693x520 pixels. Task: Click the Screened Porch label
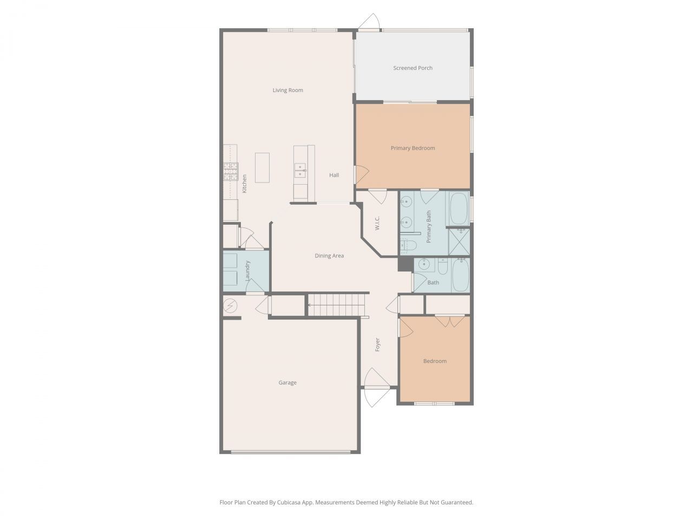pyautogui.click(x=413, y=68)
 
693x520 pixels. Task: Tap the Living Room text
pyautogui.click(x=287, y=90)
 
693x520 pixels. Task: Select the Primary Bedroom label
pyautogui.click(x=413, y=148)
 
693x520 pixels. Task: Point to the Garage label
pyautogui.click(x=287, y=382)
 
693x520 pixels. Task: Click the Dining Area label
pyautogui.click(x=329, y=256)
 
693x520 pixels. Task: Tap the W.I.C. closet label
pyautogui.click(x=377, y=223)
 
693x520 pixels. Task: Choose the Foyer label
pyautogui.click(x=377, y=344)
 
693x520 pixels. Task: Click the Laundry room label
pyautogui.click(x=247, y=270)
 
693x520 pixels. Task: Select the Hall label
pyautogui.click(x=334, y=175)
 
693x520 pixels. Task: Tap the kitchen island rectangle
pyautogui.click(x=262, y=167)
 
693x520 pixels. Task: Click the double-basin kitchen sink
pyautogui.click(x=300, y=171)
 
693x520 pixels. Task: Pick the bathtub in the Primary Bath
pyautogui.click(x=459, y=209)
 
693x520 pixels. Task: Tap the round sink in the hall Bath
pyautogui.click(x=425, y=265)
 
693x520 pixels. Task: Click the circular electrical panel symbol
pyautogui.click(x=230, y=306)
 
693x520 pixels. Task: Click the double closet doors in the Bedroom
pyautogui.click(x=449, y=321)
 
